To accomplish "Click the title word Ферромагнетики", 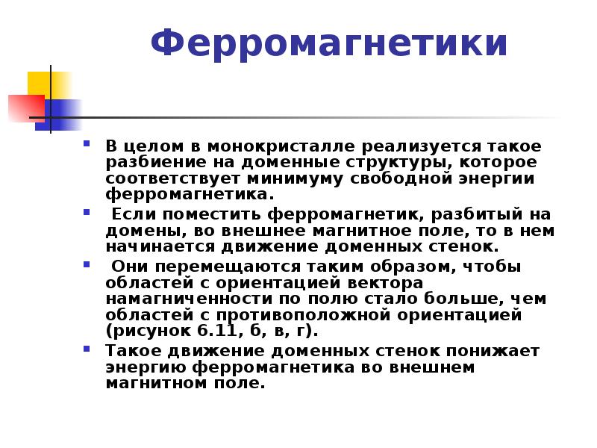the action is (329, 44).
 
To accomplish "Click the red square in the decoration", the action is (27, 108).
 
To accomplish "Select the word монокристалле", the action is (281, 146).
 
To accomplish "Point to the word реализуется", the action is (421, 147).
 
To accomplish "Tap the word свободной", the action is (401, 178).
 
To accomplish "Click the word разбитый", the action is (477, 215).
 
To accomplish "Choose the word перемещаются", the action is (228, 267).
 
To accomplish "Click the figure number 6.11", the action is (217, 331).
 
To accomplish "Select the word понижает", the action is (493, 351).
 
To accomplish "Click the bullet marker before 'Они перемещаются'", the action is (87, 264).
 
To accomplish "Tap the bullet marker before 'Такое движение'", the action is (87, 348).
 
